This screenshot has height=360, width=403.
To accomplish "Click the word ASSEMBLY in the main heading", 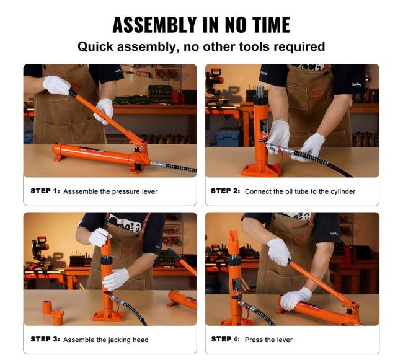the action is tap(154, 25).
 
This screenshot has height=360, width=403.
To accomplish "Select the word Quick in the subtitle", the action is tap(95, 47).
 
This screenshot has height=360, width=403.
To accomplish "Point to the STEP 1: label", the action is tap(45, 191).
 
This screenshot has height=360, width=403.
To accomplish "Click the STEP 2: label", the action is tap(226, 191).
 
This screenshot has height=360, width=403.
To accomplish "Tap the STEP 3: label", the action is tap(45, 339).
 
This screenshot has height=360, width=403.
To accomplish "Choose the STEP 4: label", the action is tap(226, 339).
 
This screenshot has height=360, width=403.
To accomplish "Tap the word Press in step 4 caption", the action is tap(253, 340).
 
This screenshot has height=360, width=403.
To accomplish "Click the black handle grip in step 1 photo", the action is tap(74, 94).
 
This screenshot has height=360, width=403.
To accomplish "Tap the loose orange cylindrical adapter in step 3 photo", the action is tap(47, 307).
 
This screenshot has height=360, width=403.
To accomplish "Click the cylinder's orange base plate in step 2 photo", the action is tap(260, 170).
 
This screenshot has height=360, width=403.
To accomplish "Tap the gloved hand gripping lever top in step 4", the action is tap(280, 252).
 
